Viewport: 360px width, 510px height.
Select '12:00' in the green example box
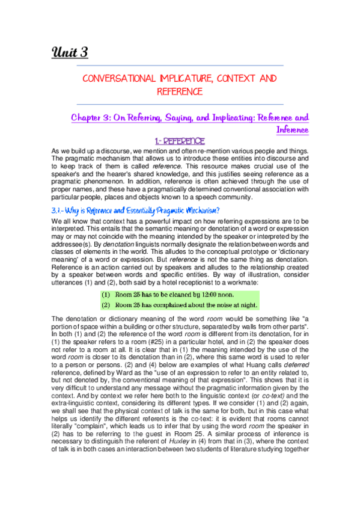(205, 294)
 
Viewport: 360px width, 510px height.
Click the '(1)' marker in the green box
(106, 294)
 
